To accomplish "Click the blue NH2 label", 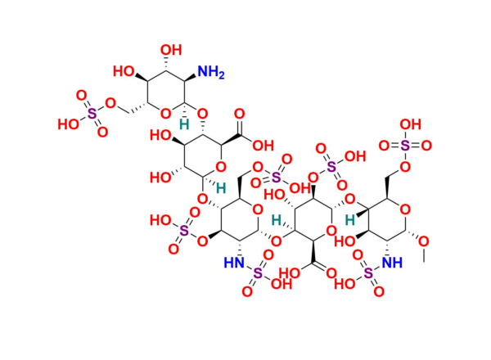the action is (211, 72).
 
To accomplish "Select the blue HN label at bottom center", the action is (234, 263).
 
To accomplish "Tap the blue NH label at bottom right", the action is (392, 263).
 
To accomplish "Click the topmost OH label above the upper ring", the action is (171, 50).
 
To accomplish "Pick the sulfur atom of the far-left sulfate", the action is (92, 114).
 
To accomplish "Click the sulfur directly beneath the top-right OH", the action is (405, 146).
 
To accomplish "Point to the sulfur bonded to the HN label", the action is (258, 273).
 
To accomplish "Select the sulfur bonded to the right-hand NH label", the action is (368, 273).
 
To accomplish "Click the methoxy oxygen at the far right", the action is (424, 241).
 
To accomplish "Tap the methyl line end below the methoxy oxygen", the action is (424, 262).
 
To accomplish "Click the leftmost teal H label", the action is (184, 124).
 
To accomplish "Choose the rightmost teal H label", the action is (349, 220).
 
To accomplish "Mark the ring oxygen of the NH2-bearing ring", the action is (165, 114).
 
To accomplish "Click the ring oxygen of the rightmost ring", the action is (405, 209).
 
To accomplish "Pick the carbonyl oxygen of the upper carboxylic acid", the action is (240, 114).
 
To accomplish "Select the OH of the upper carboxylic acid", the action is (263, 146).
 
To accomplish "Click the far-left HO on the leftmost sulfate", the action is (69, 124).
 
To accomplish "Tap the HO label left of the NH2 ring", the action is (124, 71).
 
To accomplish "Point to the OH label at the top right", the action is (411, 124).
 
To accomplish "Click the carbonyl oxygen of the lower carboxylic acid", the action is (331, 273).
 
